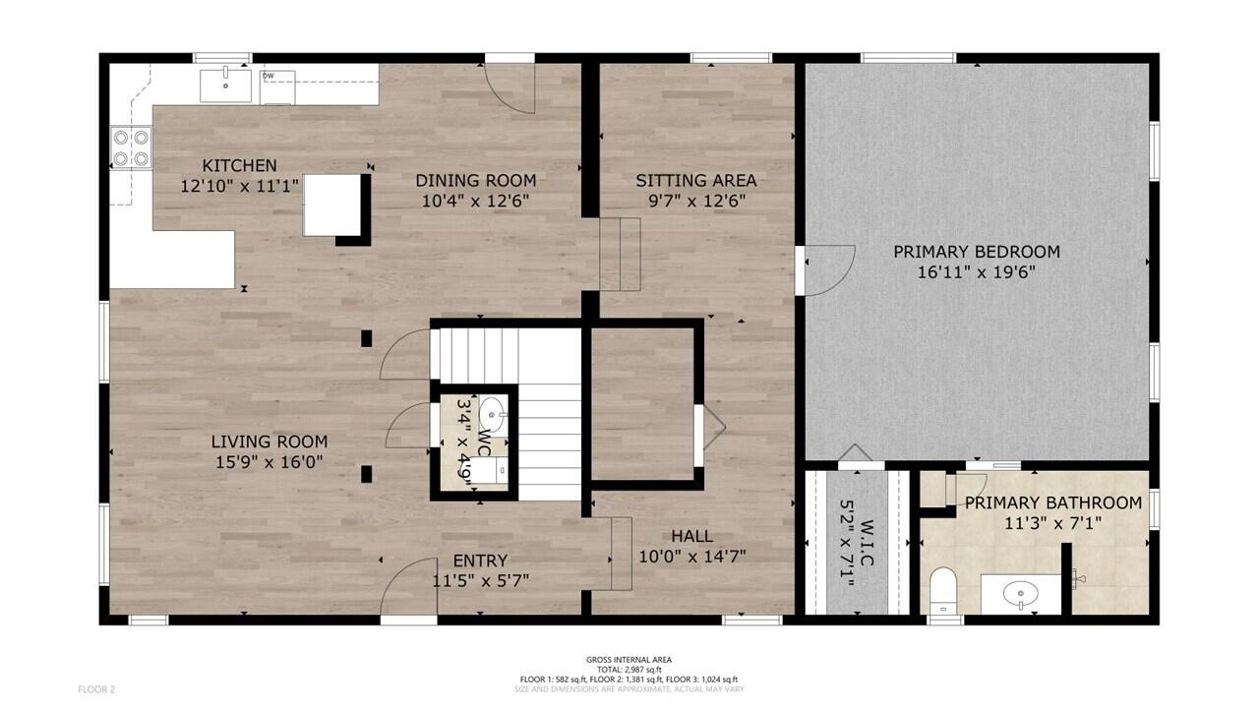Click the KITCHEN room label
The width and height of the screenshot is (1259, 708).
coord(239,166)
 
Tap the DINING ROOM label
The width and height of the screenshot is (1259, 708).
coord(475,180)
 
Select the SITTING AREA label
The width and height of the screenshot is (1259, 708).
coord(695,180)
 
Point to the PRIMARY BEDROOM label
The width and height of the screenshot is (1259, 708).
coord(977,252)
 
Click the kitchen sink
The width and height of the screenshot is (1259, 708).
coord(225,86)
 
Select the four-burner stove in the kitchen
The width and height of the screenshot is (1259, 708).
coord(131,147)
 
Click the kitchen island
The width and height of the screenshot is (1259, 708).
coord(332,206)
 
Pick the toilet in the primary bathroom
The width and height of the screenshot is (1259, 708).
coord(943,591)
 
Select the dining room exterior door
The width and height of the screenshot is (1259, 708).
coord(510,88)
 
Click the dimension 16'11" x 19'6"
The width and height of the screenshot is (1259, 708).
coord(977,272)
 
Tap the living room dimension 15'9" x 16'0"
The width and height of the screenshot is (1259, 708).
coord(270,462)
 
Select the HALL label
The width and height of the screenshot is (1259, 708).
coord(691,536)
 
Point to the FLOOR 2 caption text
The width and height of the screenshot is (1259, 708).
coord(96,689)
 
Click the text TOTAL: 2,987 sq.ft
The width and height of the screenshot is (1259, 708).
coord(629,670)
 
